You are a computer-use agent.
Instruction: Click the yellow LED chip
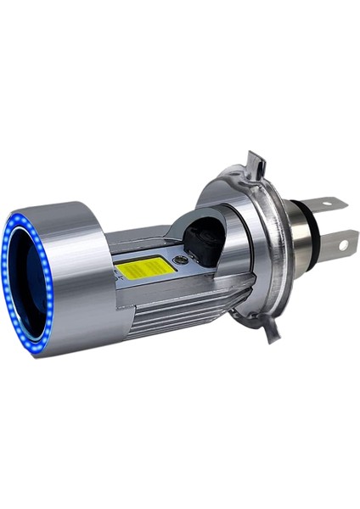tap(144, 267)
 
